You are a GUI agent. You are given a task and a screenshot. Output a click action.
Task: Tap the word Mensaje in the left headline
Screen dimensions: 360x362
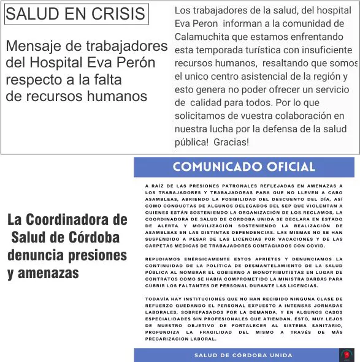click(x=34, y=46)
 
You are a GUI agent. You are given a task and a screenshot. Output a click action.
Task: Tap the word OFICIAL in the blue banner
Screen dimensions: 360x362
click(x=288, y=167)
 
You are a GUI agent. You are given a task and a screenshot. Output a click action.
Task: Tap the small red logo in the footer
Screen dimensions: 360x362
click(x=347, y=355)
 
